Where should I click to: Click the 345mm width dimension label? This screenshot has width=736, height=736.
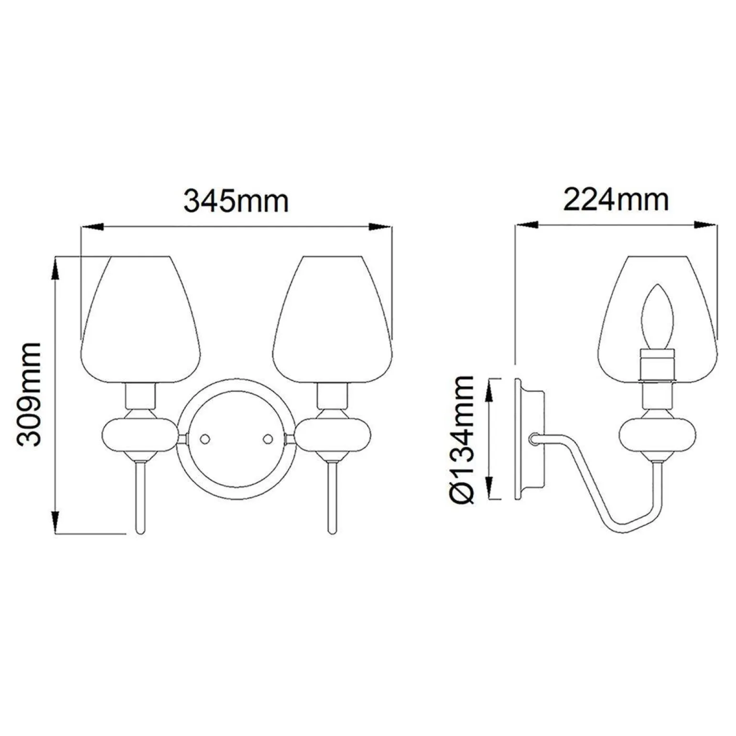pyautogui.click(x=237, y=201)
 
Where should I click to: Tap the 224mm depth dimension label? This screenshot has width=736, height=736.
pyautogui.click(x=616, y=200)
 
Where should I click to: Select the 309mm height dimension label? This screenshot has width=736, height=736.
pyautogui.click(x=29, y=394)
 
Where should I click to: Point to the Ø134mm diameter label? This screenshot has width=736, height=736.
pyautogui.click(x=462, y=439)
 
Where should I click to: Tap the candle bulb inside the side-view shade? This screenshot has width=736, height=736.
pyautogui.click(x=658, y=318)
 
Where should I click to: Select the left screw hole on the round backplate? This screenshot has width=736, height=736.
pyautogui.click(x=205, y=438)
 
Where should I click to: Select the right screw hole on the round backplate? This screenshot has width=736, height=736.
pyautogui.click(x=268, y=438)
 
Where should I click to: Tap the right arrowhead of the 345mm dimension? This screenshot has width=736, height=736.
pyautogui.click(x=380, y=227)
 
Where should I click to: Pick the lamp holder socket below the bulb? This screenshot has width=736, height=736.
pyautogui.click(x=658, y=366)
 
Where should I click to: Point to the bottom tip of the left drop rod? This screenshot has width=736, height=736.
pyautogui.click(x=141, y=530)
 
